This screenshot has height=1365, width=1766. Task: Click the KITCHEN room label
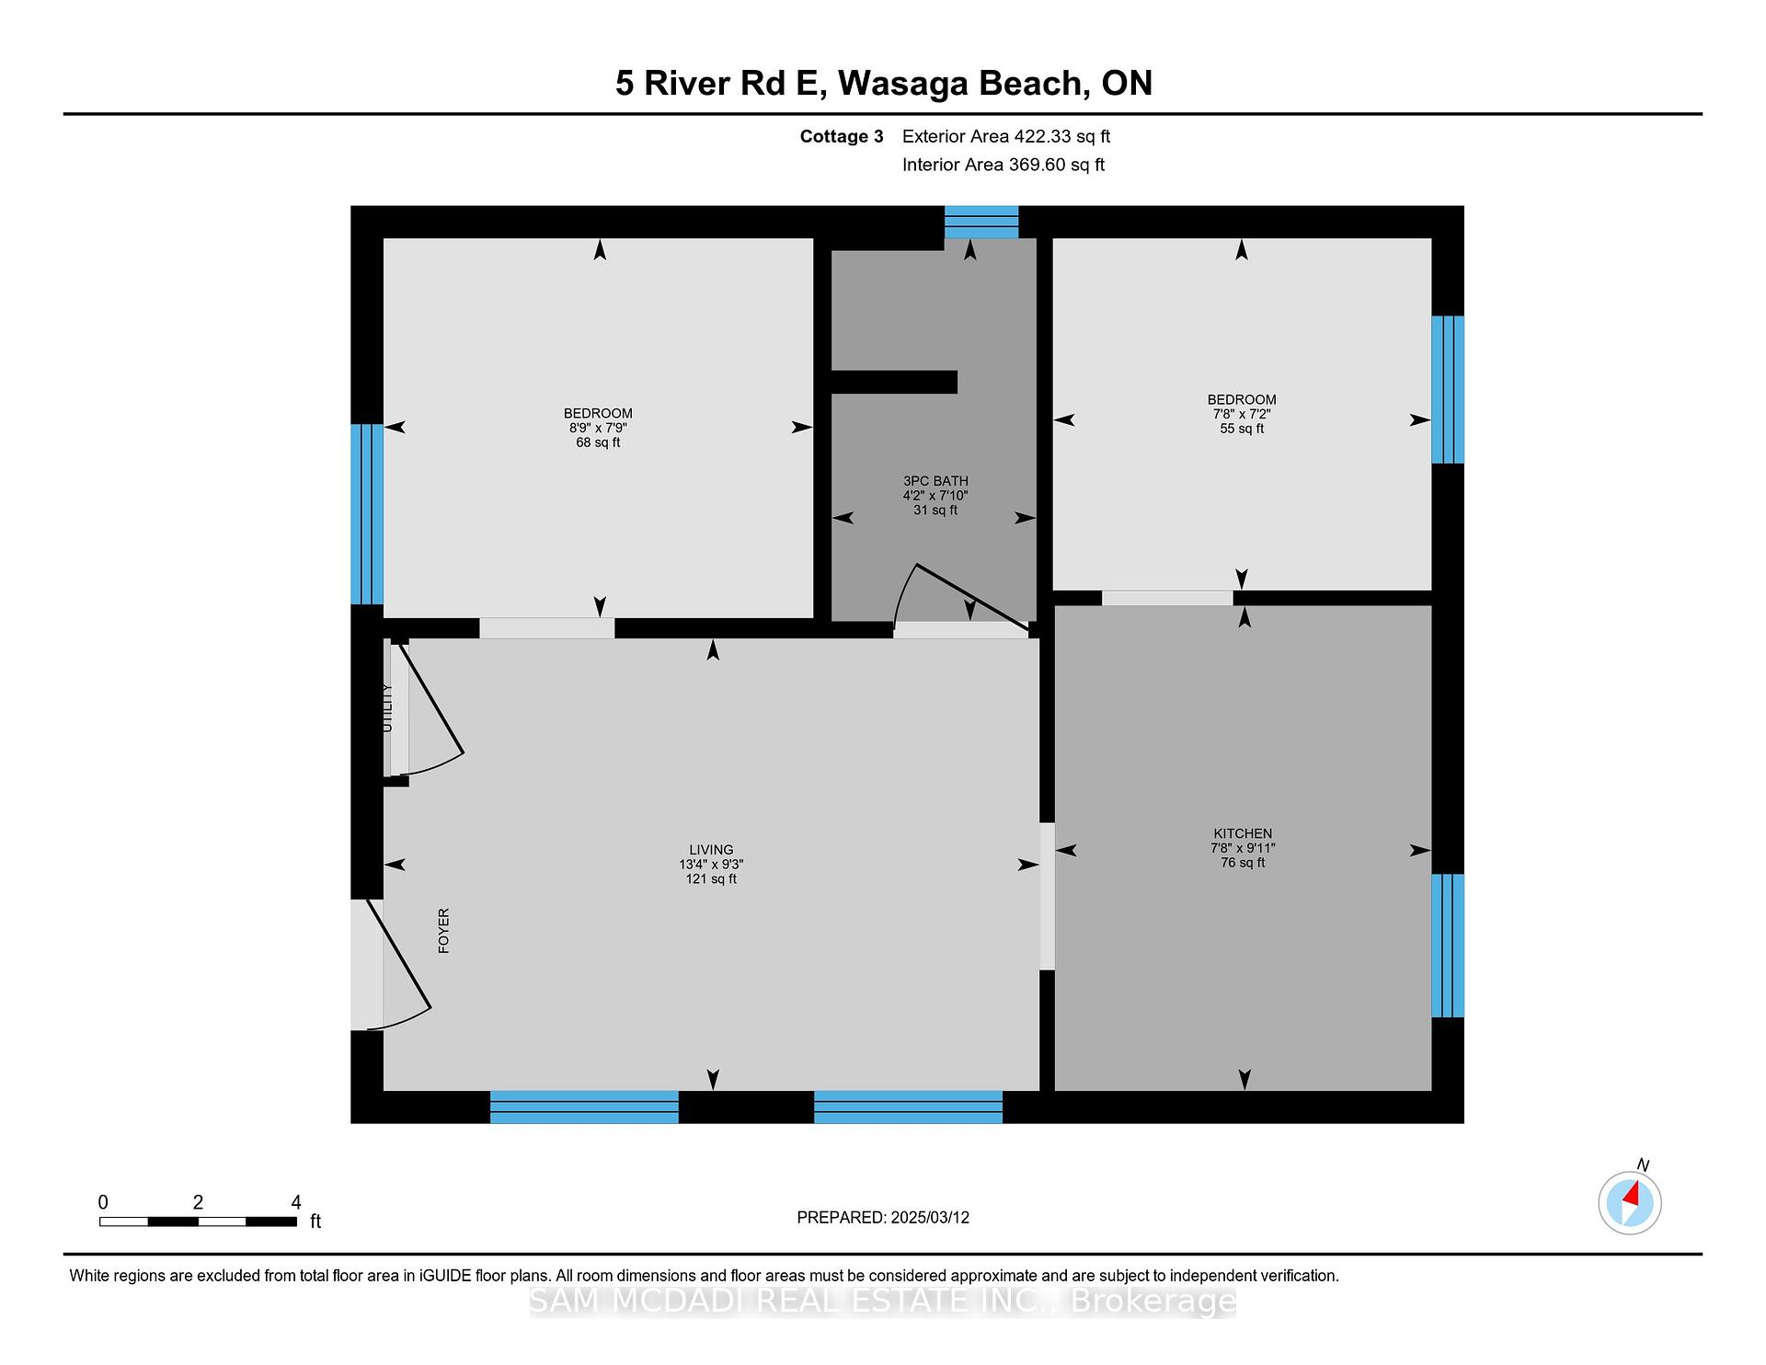coord(1243,833)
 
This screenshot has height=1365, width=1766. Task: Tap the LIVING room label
coord(711,850)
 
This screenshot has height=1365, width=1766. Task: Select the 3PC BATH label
coord(935,481)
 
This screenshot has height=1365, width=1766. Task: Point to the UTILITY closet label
coord(386,708)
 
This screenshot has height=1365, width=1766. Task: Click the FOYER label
coord(443,930)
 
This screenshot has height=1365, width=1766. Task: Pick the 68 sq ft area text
coord(598,442)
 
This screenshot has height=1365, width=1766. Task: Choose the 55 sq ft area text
coord(1242,429)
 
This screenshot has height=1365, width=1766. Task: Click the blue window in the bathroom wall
coord(981,222)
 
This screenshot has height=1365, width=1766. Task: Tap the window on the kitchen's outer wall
coord(1448,946)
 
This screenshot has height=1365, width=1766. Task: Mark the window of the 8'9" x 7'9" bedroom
coord(367,513)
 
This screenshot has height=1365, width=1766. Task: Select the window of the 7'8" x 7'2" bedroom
coord(1448,389)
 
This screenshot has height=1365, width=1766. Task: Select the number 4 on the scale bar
coord(296,1202)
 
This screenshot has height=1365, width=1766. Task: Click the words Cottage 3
coord(842,136)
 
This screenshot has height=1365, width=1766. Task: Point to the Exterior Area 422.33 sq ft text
coord(1006,136)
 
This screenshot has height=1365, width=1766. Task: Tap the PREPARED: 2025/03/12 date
coord(883,1217)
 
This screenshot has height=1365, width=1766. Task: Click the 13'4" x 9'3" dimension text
coord(711,865)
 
